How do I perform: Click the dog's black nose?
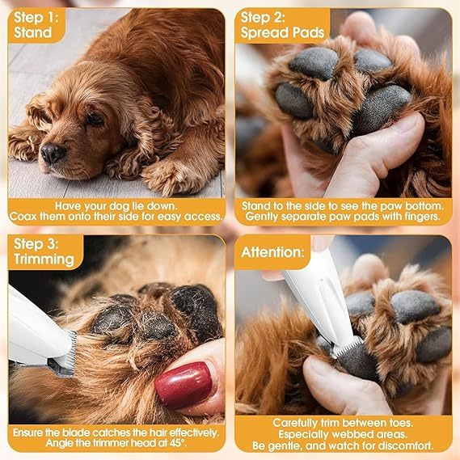pos(53,151)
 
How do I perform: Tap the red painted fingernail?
pos(184,385)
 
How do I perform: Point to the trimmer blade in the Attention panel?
pos(347,348)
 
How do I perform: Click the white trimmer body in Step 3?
pos(28,323)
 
